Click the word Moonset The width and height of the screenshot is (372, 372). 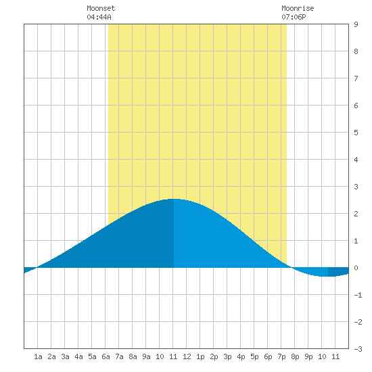[x=101, y=8]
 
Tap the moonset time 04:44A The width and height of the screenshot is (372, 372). [x=99, y=17]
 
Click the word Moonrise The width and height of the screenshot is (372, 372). [x=298, y=8]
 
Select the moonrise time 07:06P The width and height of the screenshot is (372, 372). [x=294, y=17]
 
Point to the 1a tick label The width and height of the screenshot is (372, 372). [x=38, y=356]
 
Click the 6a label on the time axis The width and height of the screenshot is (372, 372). [x=106, y=356]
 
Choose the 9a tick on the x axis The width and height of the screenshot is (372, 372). [x=146, y=356]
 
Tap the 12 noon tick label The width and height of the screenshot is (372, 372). [x=187, y=356]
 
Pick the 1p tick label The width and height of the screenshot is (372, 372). [x=200, y=356]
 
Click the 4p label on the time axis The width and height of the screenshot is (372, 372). [x=241, y=356]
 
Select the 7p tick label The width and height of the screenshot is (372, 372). [x=281, y=356]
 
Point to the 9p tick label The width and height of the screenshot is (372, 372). [x=308, y=356]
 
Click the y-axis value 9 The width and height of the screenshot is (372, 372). [x=356, y=24]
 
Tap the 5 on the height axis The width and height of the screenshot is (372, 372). [x=356, y=133]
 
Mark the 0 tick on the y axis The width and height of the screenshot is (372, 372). [x=356, y=268]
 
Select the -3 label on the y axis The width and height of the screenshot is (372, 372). [x=358, y=349]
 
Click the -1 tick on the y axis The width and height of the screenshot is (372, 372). [x=358, y=295]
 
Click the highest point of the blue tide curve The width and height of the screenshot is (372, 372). [x=174, y=199]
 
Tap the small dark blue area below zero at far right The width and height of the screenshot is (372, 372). [x=338, y=271]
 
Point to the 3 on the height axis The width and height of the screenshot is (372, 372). [x=356, y=187]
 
